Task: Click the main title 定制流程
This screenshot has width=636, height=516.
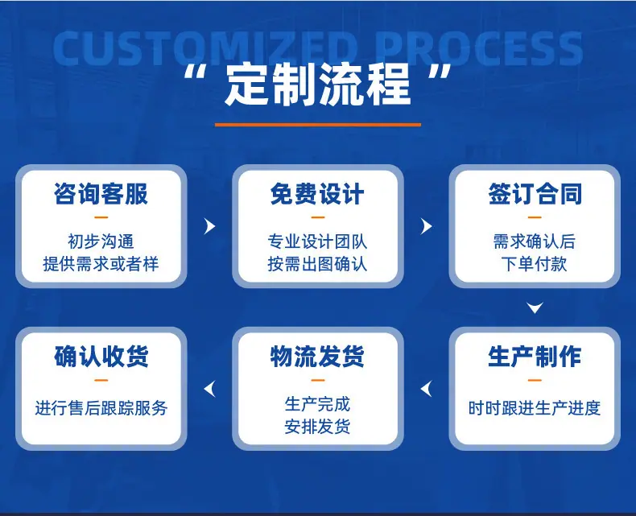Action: coord(317,85)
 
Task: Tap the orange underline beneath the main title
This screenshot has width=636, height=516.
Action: coord(317,125)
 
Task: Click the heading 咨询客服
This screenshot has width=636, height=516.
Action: coord(101,193)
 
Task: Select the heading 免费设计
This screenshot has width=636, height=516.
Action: coord(317,193)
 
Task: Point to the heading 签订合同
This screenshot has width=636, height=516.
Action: coord(535,193)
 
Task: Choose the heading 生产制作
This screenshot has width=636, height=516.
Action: coord(535,357)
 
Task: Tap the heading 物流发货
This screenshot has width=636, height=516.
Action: coord(317,357)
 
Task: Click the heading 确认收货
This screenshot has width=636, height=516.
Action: coord(101,357)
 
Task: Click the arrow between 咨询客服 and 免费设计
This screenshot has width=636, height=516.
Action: coord(210,226)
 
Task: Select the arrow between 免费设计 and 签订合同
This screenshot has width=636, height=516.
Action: coord(427,226)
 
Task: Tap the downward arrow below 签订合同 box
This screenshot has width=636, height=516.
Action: coord(535,308)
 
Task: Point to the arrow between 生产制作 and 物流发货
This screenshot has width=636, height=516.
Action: coord(426,389)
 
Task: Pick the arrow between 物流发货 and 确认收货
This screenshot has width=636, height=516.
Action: coord(209,389)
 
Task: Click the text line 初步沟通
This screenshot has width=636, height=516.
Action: coord(101,241)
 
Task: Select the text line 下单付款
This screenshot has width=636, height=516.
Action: coord(535,264)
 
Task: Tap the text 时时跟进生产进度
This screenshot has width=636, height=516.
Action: coord(535,407)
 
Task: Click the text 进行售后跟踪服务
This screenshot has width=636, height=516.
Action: coord(101,407)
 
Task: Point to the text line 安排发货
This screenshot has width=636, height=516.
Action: coord(317,427)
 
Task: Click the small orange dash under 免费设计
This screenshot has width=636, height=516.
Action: coord(317,217)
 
